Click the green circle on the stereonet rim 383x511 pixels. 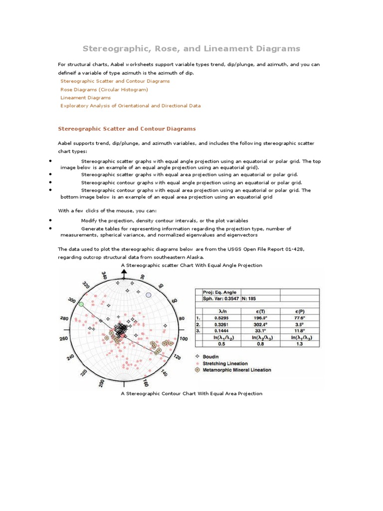click(x=81, y=303)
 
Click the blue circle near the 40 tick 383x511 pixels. click(x=148, y=295)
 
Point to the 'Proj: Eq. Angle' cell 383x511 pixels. click(x=220, y=292)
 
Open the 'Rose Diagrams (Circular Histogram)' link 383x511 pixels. click(x=104, y=89)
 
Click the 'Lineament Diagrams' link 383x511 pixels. click(x=85, y=98)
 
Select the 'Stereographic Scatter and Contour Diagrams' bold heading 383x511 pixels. click(x=127, y=129)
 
